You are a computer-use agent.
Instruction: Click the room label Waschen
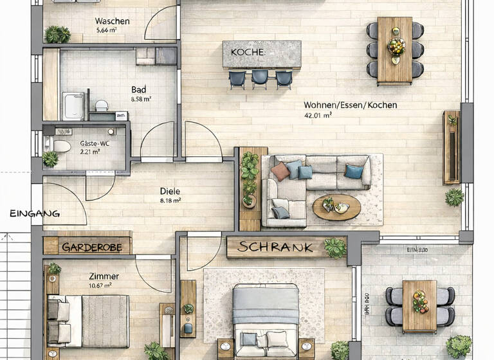(112, 21)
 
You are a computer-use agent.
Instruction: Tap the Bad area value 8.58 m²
(140, 100)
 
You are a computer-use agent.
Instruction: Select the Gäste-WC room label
(94, 143)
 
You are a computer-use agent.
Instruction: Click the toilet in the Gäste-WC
(59, 146)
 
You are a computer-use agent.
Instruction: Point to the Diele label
(170, 191)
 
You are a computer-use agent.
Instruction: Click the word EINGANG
(34, 213)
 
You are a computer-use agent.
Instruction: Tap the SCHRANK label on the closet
(275, 247)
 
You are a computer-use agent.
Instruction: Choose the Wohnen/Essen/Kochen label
(350, 105)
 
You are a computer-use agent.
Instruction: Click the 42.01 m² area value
(318, 116)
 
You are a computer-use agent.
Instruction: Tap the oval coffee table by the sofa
(336, 207)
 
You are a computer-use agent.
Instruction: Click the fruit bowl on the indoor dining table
(396, 46)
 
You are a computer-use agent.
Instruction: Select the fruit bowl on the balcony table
(420, 300)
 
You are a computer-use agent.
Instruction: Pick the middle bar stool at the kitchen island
(259, 78)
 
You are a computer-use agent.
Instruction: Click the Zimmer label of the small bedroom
(104, 276)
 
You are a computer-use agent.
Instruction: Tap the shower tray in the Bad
(73, 106)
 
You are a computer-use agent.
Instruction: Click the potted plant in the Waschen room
(57, 34)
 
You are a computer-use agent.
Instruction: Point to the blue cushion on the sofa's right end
(353, 170)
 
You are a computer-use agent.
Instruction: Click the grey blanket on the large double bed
(265, 307)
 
